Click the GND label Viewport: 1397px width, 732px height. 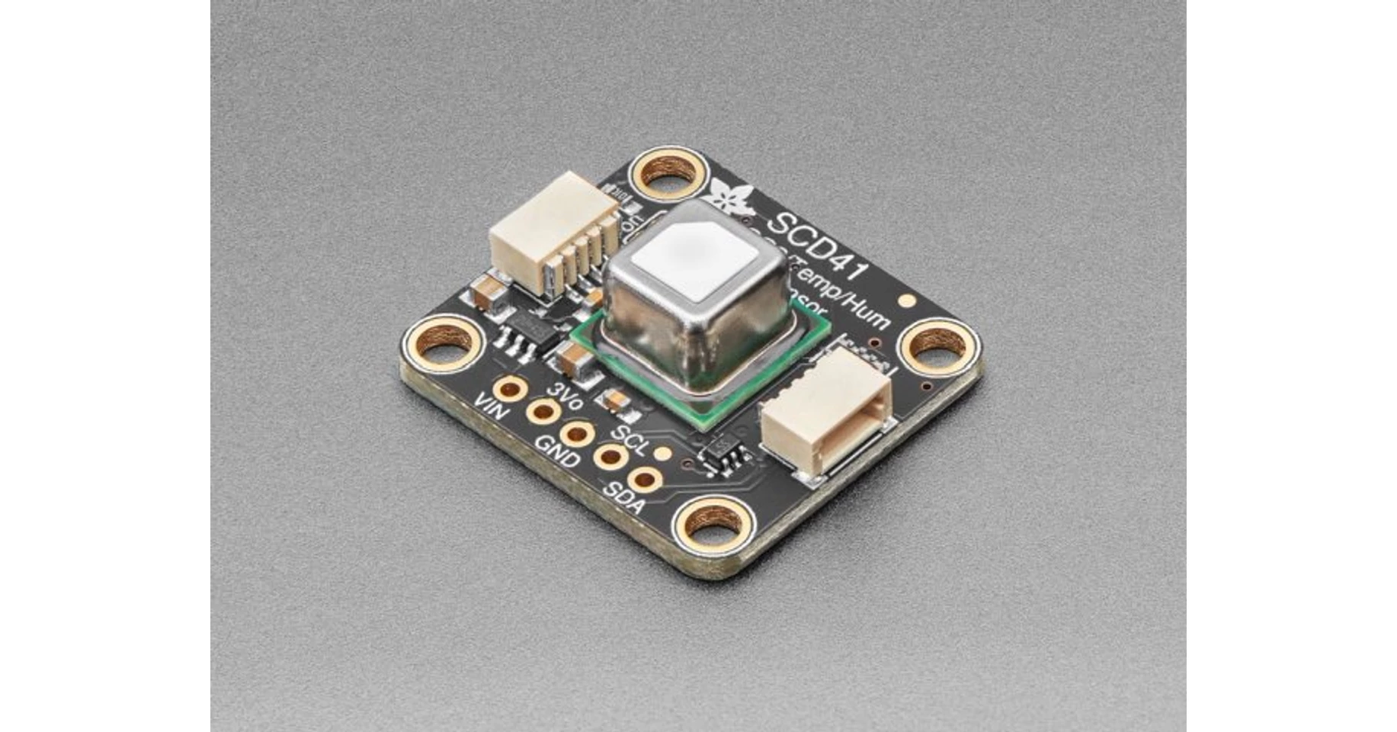tap(558, 451)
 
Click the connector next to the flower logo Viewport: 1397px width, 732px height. tap(555, 231)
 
